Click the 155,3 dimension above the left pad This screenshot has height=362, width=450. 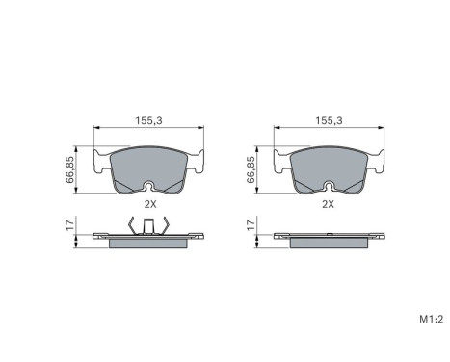[x=148, y=120]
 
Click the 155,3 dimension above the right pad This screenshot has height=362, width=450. [x=329, y=120]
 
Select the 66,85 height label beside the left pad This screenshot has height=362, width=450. [x=69, y=169]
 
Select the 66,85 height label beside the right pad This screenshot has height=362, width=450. [x=251, y=169]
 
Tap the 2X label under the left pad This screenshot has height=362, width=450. [x=150, y=204]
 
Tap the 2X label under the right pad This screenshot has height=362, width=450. [x=329, y=204]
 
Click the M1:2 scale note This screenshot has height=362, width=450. [x=432, y=319]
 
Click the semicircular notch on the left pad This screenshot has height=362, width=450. [x=148, y=186]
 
